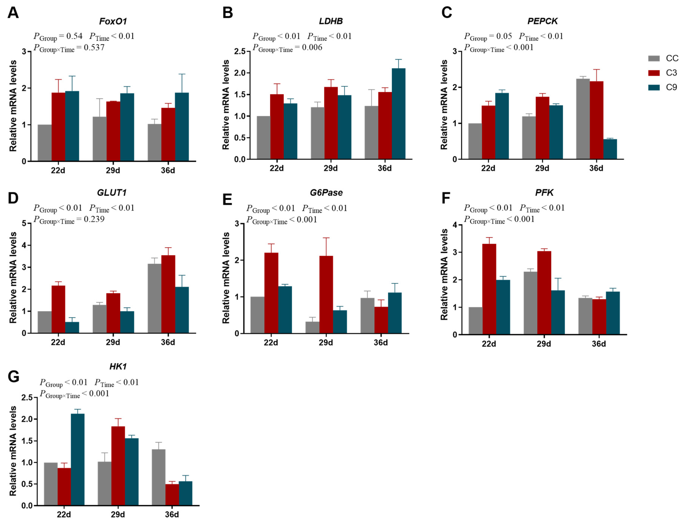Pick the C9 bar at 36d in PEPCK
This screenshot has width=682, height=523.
pos(610,149)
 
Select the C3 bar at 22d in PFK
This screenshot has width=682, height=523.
pos(489,289)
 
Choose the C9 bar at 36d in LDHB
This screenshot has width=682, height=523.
pos(398,114)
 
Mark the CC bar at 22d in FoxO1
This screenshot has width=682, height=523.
pos(45,143)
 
